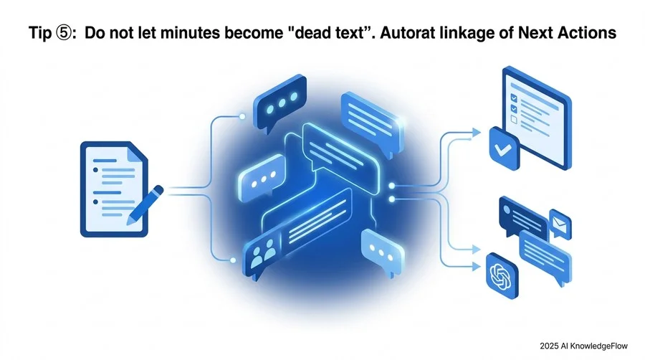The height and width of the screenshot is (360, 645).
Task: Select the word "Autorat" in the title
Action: pos(406,33)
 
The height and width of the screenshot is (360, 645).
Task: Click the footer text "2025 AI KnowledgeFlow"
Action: pos(583,346)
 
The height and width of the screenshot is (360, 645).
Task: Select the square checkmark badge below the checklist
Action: pos(504,148)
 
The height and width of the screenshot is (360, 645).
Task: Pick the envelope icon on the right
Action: pos(560,224)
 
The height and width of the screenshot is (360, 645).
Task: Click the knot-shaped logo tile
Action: pos(502,275)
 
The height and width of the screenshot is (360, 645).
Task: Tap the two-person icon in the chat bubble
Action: pos(262,252)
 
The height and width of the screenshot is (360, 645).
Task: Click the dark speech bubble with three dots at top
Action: pos(280,103)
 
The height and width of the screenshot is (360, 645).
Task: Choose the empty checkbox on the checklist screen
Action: pos(513,119)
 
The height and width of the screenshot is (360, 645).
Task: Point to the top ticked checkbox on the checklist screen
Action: pos(513,98)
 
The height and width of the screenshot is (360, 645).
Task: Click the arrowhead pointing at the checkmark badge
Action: pos(476,133)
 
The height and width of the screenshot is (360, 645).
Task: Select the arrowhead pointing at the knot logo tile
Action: pos(476,266)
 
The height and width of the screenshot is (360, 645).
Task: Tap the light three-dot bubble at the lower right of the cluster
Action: pos(382,252)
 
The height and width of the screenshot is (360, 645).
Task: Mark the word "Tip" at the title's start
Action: pos(40,33)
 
